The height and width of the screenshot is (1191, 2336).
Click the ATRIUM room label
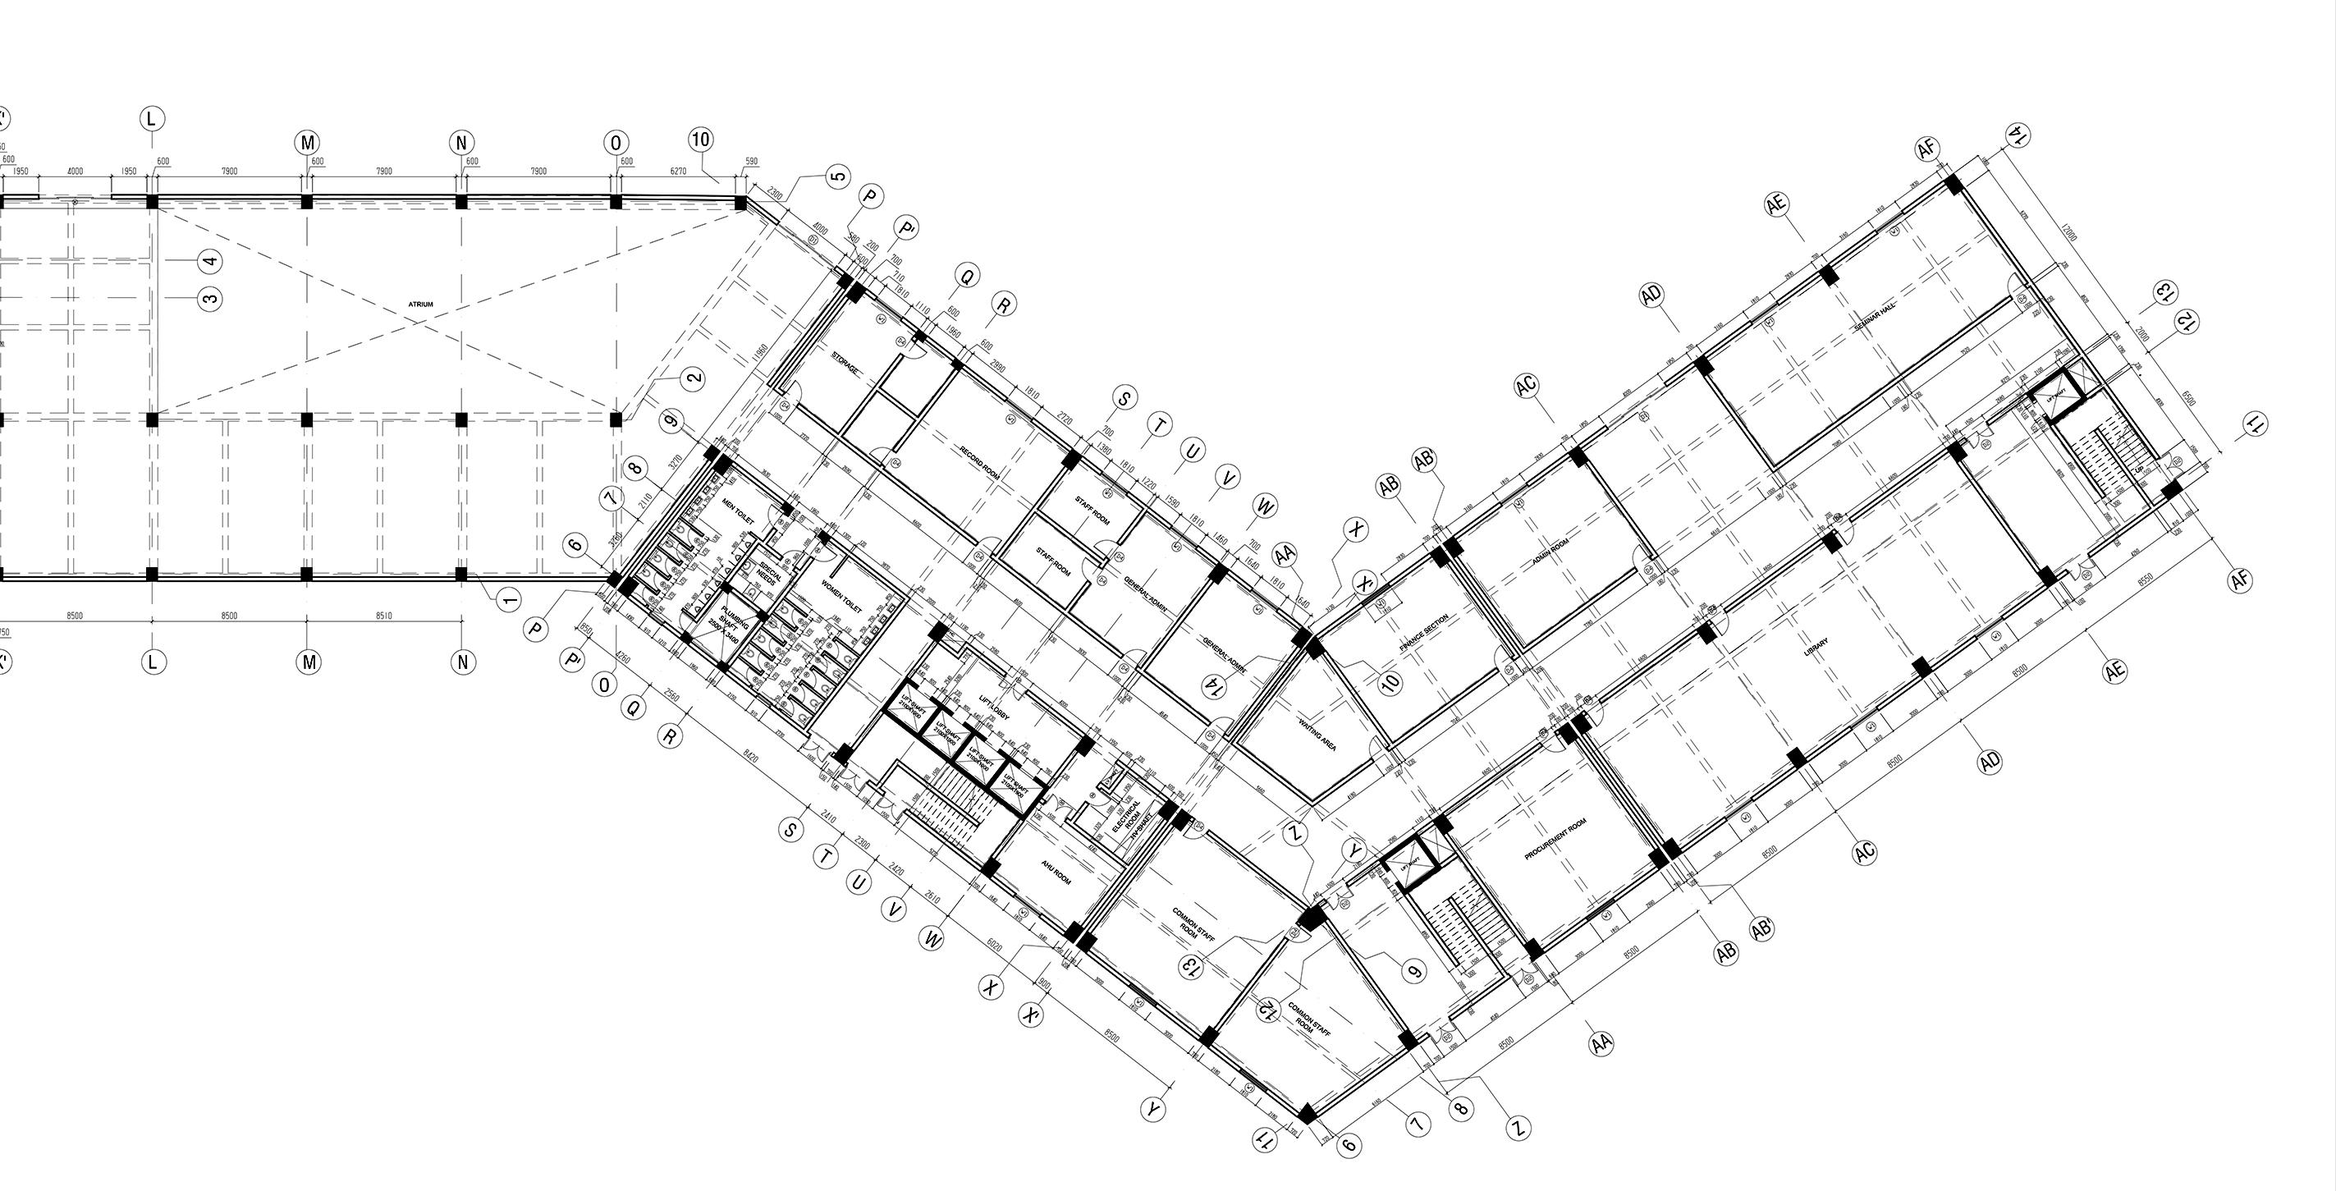click(x=421, y=305)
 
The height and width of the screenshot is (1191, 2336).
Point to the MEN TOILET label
click(x=738, y=510)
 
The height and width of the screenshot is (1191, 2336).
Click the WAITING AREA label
click(x=1317, y=735)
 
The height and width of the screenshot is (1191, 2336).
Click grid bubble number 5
click(x=839, y=176)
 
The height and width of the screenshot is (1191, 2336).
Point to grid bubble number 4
click(x=209, y=261)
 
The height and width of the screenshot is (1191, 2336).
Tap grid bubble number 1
click(x=510, y=598)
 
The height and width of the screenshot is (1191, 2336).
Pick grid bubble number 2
click(x=693, y=378)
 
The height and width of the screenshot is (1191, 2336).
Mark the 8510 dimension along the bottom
click(x=383, y=616)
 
